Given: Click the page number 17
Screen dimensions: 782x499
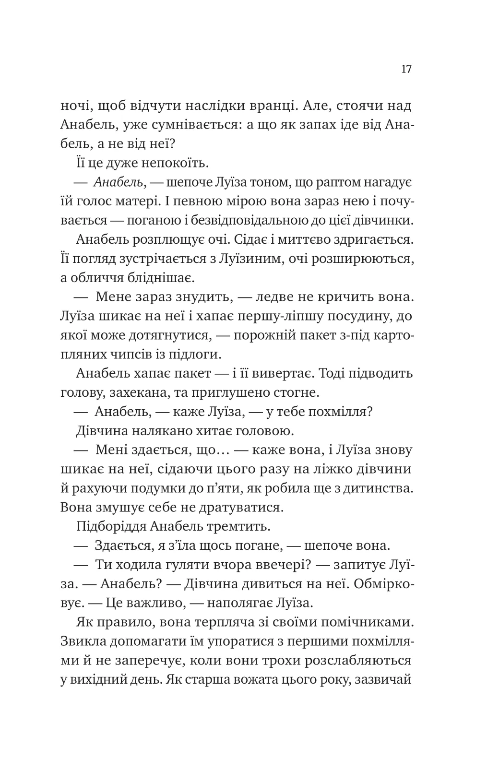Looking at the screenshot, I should click(x=406, y=69).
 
